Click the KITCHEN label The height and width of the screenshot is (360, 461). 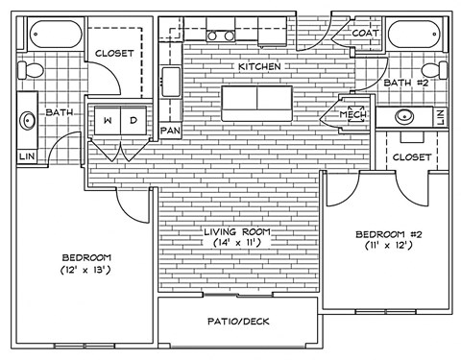point(258,66)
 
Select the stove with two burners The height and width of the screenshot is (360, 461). point(222,36)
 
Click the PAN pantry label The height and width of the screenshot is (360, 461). point(171,130)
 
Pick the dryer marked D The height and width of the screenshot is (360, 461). point(133,121)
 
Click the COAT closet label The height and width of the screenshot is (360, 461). point(365,33)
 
